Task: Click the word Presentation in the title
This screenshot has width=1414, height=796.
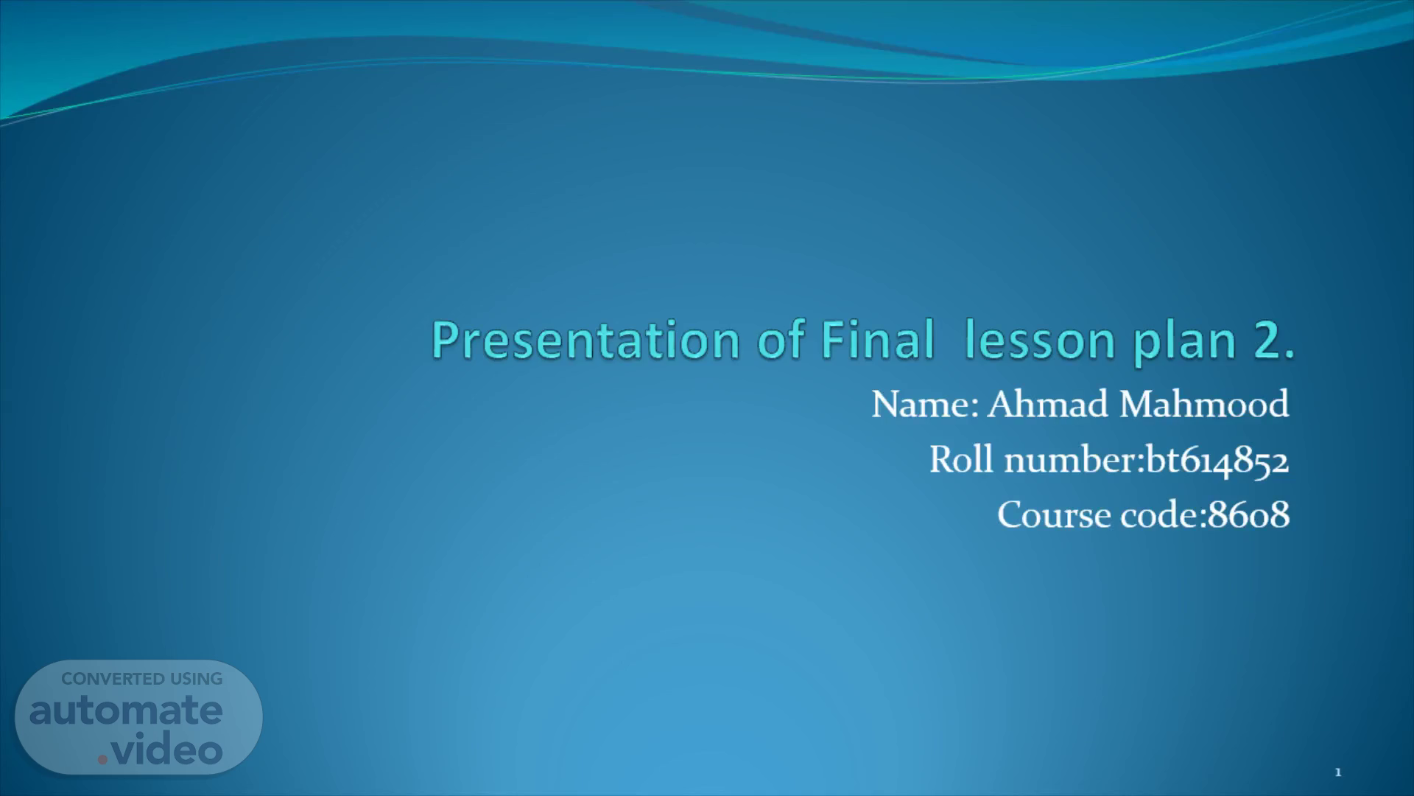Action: [x=585, y=341]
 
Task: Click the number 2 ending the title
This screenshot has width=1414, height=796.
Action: [x=1273, y=341]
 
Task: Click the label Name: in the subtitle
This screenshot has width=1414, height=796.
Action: [x=925, y=404]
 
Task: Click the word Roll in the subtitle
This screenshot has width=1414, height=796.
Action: [x=961, y=459]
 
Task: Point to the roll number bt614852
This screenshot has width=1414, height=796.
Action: [x=1217, y=460]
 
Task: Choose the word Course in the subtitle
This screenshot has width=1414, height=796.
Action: [x=1054, y=514]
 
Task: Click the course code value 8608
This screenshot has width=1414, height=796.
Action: [x=1249, y=514]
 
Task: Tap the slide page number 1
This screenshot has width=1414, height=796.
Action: [x=1338, y=772]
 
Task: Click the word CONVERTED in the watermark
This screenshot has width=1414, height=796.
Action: [x=113, y=679]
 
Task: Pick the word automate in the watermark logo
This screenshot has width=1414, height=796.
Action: [x=126, y=711]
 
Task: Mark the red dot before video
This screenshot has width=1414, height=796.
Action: [x=103, y=758]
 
